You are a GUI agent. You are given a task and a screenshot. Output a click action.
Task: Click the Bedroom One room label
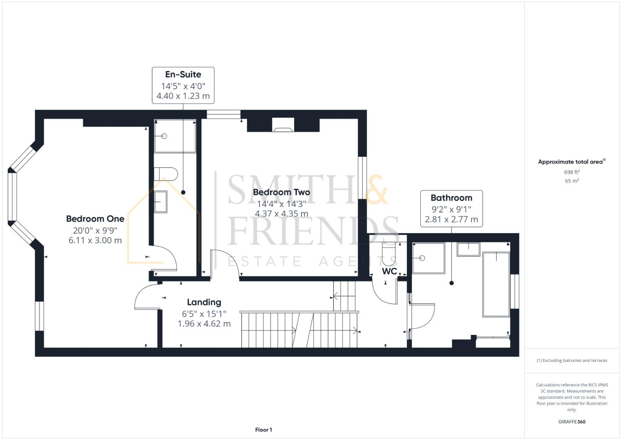click(95, 219)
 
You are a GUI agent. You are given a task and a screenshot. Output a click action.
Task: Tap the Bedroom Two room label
click(281, 192)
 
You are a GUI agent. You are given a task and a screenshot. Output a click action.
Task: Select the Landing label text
click(204, 302)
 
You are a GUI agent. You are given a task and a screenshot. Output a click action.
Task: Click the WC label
click(389, 271)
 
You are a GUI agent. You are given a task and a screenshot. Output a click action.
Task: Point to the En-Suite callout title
click(183, 75)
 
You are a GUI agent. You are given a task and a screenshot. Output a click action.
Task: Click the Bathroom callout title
click(451, 198)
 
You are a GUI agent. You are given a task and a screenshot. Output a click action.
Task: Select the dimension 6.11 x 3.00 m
click(95, 240)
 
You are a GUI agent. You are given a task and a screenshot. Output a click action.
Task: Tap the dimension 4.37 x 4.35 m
click(281, 214)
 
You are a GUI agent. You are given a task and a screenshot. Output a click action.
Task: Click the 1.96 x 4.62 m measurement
click(204, 324)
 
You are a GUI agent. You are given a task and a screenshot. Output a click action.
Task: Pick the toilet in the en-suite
click(166, 174)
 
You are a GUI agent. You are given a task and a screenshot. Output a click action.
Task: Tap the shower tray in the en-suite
click(175, 136)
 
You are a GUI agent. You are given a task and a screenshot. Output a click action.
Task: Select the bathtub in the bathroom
click(496, 284)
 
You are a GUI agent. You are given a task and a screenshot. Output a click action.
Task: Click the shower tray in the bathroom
click(429, 258)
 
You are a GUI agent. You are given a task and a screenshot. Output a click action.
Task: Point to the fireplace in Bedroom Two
click(283, 126)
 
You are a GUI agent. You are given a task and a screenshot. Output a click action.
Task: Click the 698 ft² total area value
click(571, 172)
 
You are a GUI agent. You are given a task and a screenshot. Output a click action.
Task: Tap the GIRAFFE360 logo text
click(571, 422)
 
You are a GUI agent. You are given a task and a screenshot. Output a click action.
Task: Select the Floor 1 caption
click(264, 430)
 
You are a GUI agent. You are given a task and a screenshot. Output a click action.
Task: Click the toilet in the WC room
click(389, 253)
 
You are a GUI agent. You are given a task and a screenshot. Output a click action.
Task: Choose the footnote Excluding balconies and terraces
click(571, 361)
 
